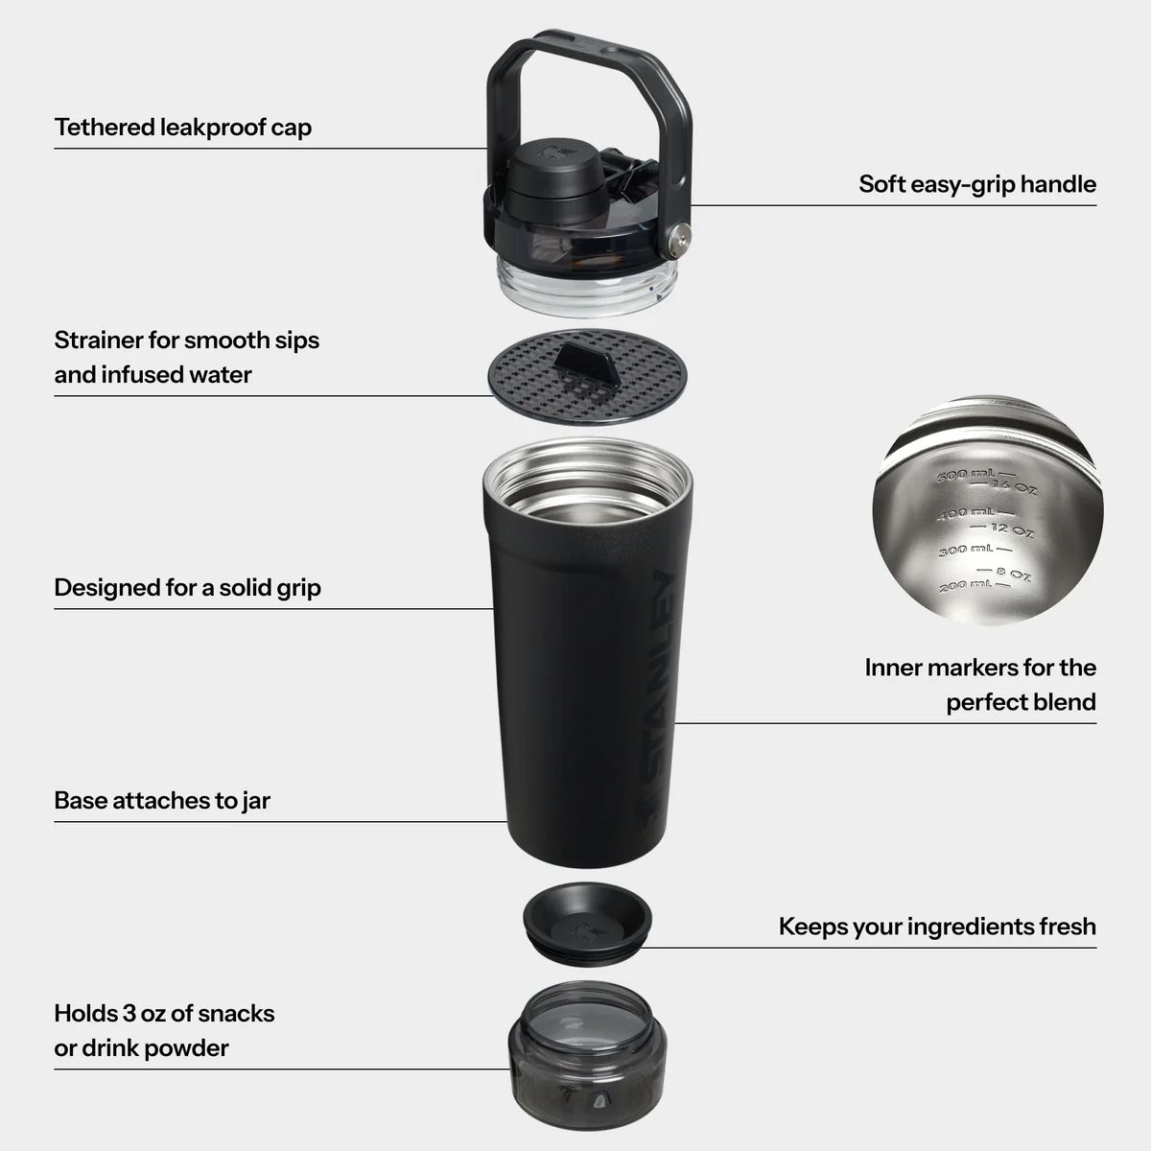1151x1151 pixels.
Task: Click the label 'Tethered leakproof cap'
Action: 182,127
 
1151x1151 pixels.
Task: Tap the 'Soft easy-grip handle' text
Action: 976,183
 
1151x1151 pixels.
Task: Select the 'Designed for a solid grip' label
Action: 187,587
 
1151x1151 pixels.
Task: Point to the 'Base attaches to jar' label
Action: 162,800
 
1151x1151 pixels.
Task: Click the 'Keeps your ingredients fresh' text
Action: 936,926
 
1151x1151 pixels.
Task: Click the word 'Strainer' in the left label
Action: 97,340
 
